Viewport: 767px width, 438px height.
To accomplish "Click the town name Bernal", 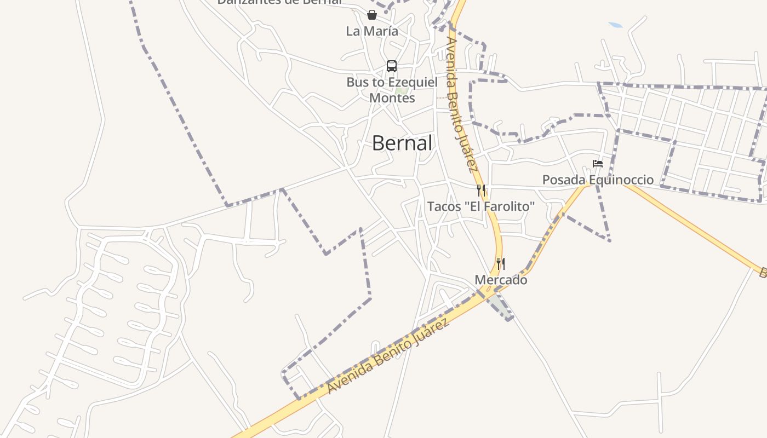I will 402,143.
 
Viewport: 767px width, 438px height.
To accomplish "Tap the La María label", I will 372,31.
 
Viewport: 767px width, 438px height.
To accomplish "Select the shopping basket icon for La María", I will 372,15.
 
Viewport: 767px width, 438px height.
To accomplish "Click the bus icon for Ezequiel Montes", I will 391,66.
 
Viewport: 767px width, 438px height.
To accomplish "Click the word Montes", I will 392,98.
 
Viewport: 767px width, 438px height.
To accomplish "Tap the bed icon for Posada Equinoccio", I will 598,164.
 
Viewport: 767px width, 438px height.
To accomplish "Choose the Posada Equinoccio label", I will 598,180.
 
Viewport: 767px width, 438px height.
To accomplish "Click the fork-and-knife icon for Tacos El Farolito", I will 480,190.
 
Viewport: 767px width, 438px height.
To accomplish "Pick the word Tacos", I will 444,206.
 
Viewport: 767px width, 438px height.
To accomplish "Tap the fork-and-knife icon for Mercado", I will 500,263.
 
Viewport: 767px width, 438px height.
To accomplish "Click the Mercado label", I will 501,280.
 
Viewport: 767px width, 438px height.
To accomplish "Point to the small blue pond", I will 616,25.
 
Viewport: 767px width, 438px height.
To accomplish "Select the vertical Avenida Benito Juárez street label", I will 462,104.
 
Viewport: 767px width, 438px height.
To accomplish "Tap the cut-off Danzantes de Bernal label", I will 279,2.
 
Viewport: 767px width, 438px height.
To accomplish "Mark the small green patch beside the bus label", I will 402,90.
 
